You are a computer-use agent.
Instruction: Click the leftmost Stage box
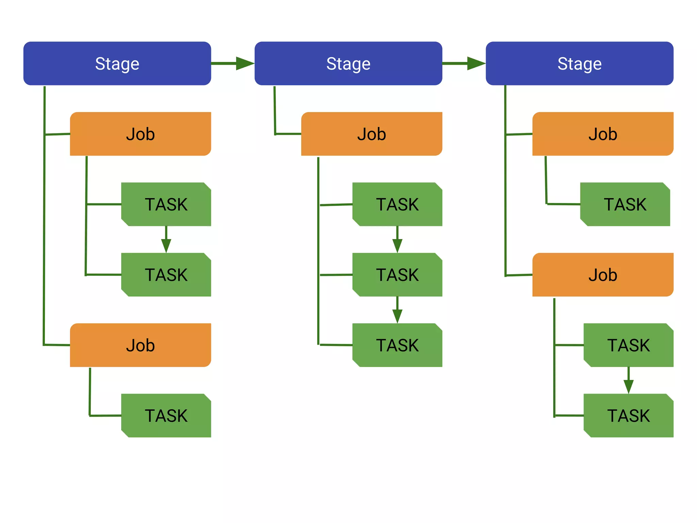[117, 63]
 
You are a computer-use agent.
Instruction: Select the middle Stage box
[348, 63]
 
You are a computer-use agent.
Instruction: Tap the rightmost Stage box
[579, 63]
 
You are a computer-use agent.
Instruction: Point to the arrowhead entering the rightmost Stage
[476, 63]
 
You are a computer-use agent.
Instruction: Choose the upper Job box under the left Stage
[140, 134]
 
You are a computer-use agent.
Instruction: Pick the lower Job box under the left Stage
[140, 345]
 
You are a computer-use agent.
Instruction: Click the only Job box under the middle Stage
[371, 134]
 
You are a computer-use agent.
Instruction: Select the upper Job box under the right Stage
[602, 134]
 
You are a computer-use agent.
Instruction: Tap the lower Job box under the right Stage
[602, 274]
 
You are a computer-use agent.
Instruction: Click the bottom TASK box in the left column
[166, 415]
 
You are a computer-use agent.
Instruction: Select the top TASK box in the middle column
[397, 204]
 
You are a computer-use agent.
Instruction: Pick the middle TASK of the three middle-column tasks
[397, 274]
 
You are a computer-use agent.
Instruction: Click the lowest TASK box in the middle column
[397, 345]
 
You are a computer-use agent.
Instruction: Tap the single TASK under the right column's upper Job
[625, 204]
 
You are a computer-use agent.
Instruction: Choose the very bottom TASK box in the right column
[628, 415]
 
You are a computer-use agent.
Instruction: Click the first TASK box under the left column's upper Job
[166, 204]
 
